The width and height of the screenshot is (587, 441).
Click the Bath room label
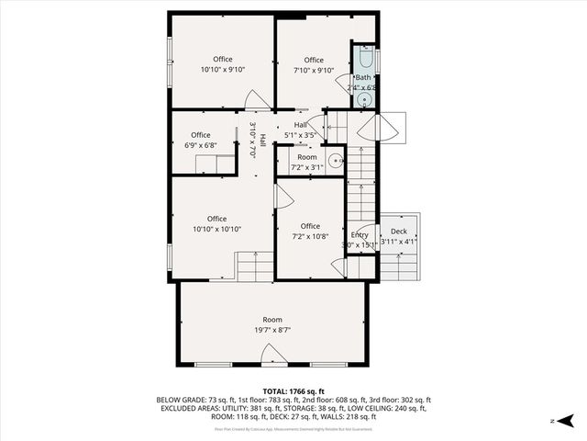pyautogui.click(x=363, y=78)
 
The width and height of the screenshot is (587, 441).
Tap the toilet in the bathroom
pyautogui.click(x=363, y=62)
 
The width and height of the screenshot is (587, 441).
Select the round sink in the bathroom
pyautogui.click(x=364, y=99)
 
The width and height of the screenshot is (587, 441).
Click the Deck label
pyautogui.click(x=399, y=232)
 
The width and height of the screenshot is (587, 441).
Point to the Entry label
pyautogui.click(x=360, y=235)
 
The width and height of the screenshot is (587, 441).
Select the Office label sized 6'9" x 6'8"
pyautogui.click(x=200, y=135)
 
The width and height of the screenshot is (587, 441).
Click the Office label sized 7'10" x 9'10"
pyautogui.click(x=314, y=61)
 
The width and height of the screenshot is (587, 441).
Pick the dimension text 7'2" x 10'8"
pyautogui.click(x=310, y=236)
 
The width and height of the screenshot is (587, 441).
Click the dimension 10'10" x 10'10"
pyautogui.click(x=216, y=229)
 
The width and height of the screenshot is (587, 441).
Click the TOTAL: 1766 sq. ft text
pyautogui.click(x=293, y=391)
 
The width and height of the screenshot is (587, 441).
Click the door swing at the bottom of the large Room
pyautogui.click(x=271, y=355)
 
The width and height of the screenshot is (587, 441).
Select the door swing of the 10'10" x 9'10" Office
pyautogui.click(x=258, y=100)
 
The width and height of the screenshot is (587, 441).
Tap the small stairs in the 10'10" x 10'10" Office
pyautogui.click(x=254, y=266)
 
